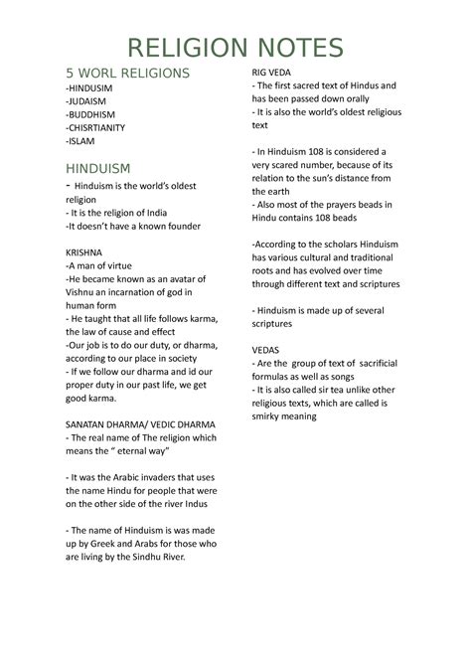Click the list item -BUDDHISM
(x=92, y=115)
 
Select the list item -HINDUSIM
(x=90, y=87)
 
